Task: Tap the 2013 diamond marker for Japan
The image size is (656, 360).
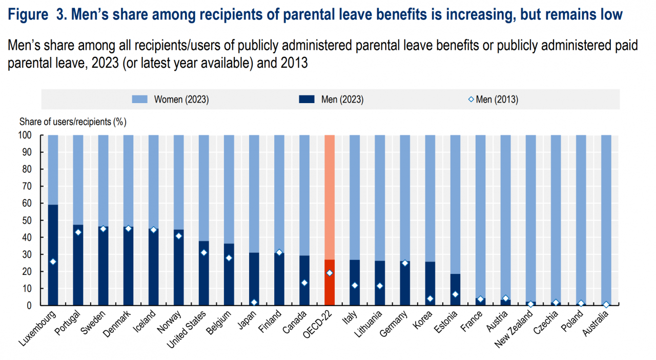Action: click(254, 303)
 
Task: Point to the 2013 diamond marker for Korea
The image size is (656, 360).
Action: click(430, 298)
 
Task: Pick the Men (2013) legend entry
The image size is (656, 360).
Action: click(493, 99)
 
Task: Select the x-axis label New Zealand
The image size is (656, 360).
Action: click(515, 329)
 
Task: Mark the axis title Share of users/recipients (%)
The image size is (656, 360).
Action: click(73, 122)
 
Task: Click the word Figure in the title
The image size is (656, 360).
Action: click(28, 15)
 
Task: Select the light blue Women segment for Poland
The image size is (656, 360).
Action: click(581, 215)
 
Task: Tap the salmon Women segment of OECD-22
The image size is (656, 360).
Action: click(330, 195)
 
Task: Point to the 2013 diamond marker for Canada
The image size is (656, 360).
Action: click(304, 283)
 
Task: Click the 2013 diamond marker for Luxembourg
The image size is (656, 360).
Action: click(53, 262)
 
